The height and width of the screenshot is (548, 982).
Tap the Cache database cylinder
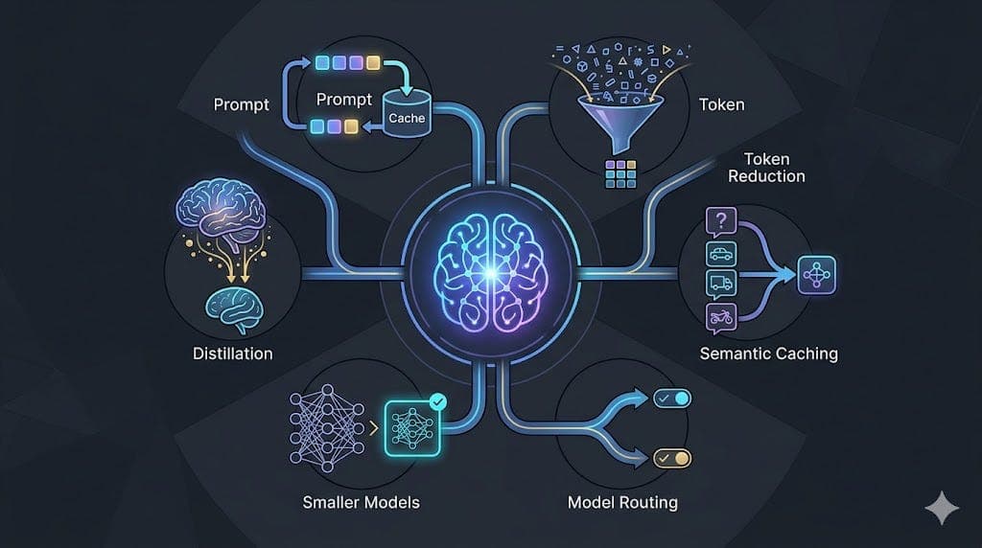407,113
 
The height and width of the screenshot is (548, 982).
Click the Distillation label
232,354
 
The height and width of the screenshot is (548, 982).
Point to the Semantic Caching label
768,354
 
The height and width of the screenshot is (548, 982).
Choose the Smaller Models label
361,502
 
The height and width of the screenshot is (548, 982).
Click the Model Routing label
622,502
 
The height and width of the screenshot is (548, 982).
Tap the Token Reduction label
766,168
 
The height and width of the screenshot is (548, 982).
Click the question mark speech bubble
721,222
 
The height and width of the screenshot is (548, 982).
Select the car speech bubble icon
721,255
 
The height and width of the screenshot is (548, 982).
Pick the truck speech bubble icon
721,285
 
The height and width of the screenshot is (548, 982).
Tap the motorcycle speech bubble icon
721,316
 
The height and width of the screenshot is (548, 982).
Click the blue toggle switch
672,399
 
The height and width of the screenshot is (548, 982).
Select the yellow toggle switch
672,459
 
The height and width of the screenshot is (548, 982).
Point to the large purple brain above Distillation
221,211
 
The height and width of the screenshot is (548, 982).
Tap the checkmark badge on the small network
437,401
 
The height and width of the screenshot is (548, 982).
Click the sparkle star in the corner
942,508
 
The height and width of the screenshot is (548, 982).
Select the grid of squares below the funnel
620,174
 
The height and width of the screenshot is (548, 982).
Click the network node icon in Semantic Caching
817,275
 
